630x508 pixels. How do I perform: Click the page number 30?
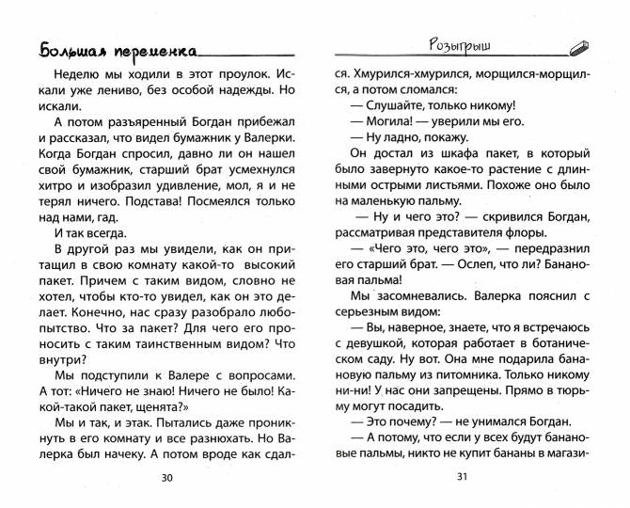tap(167, 477)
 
